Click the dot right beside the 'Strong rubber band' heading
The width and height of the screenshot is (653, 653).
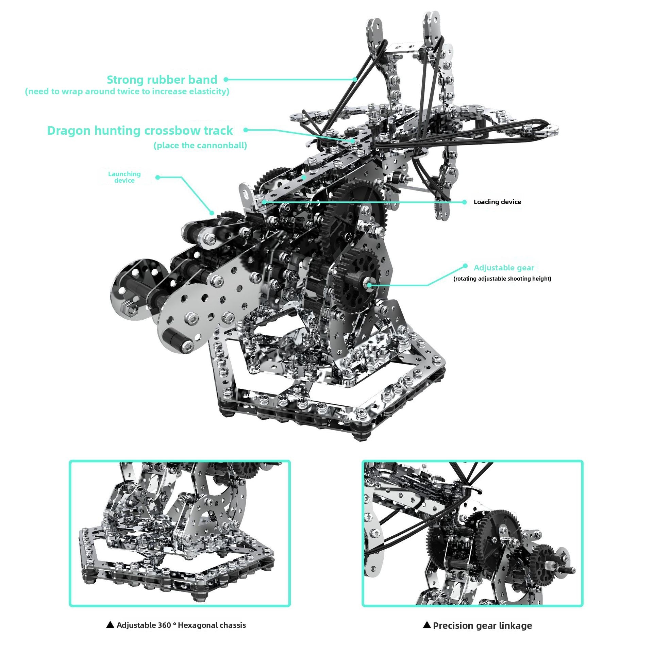pos(226,80)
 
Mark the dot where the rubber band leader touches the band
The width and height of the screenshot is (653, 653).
pos(355,80)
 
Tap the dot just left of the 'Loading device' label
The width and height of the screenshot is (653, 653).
pos(465,202)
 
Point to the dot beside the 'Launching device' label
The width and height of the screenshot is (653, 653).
pos(157,177)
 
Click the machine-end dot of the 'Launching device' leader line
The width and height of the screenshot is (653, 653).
pos(212,213)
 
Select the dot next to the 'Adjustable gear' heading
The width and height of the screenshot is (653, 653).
pos(465,266)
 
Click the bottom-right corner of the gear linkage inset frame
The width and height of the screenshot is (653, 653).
pos(583,606)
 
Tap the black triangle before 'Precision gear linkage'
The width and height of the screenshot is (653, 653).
pos(427,624)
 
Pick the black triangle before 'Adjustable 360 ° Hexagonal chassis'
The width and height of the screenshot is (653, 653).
pos(110,624)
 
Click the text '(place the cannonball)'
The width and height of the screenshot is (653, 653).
pos(200,146)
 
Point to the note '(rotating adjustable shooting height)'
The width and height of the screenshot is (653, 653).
pos(502,279)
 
